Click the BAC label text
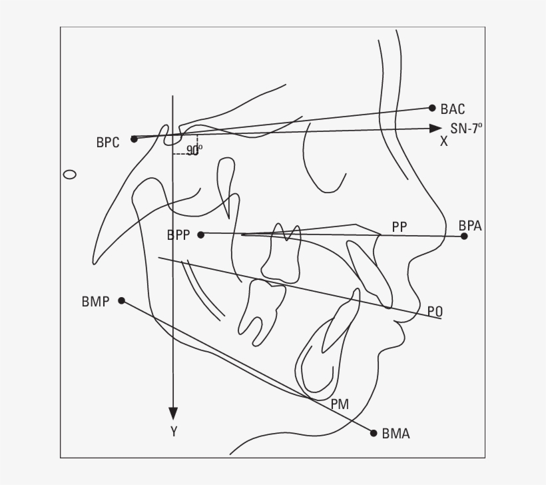click(x=453, y=109)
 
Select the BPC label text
click(x=108, y=142)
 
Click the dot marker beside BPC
click(x=134, y=139)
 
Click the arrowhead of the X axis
click(x=436, y=128)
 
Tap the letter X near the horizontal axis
click(x=443, y=142)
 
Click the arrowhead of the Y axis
click(x=173, y=413)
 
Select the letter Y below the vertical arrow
click(x=174, y=432)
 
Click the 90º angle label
click(x=194, y=151)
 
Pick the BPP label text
click(x=178, y=235)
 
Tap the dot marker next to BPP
click(x=201, y=235)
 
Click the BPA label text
click(x=470, y=226)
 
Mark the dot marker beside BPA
click(x=464, y=237)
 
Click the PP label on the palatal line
click(x=400, y=227)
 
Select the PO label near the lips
click(x=435, y=311)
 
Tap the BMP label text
click(x=95, y=302)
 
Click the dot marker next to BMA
click(x=374, y=433)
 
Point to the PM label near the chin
click(x=340, y=404)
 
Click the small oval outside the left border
click(x=69, y=175)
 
